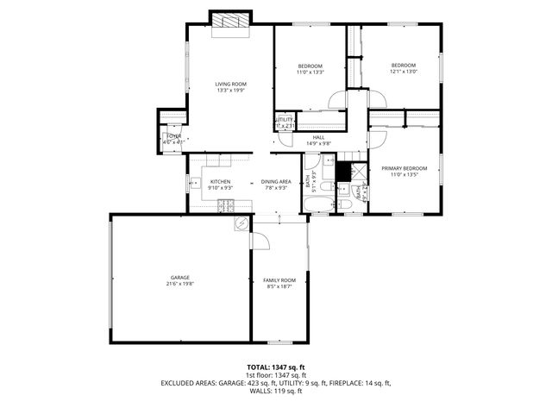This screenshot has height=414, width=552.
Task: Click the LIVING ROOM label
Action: point(230,84)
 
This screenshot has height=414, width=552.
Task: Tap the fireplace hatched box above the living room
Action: point(230,22)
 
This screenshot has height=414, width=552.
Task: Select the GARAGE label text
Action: point(179,277)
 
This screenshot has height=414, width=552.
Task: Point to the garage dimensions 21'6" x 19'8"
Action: point(179,283)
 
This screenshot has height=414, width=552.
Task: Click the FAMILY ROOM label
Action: point(279,279)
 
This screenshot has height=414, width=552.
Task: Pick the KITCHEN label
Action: point(220,181)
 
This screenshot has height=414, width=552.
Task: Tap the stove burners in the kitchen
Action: point(226,205)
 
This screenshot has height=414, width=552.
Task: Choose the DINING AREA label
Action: point(276,181)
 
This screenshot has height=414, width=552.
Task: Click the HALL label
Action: point(319,137)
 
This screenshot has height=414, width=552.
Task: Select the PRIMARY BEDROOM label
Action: point(404,168)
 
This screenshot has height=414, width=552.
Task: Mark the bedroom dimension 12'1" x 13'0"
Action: point(403,72)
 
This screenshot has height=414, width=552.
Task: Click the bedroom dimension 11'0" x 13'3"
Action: point(310,72)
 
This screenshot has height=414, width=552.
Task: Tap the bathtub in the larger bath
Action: point(317,204)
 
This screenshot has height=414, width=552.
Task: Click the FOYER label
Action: point(173,136)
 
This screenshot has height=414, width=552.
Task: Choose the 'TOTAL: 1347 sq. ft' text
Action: point(276,367)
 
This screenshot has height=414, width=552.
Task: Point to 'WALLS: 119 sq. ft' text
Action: point(276,392)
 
